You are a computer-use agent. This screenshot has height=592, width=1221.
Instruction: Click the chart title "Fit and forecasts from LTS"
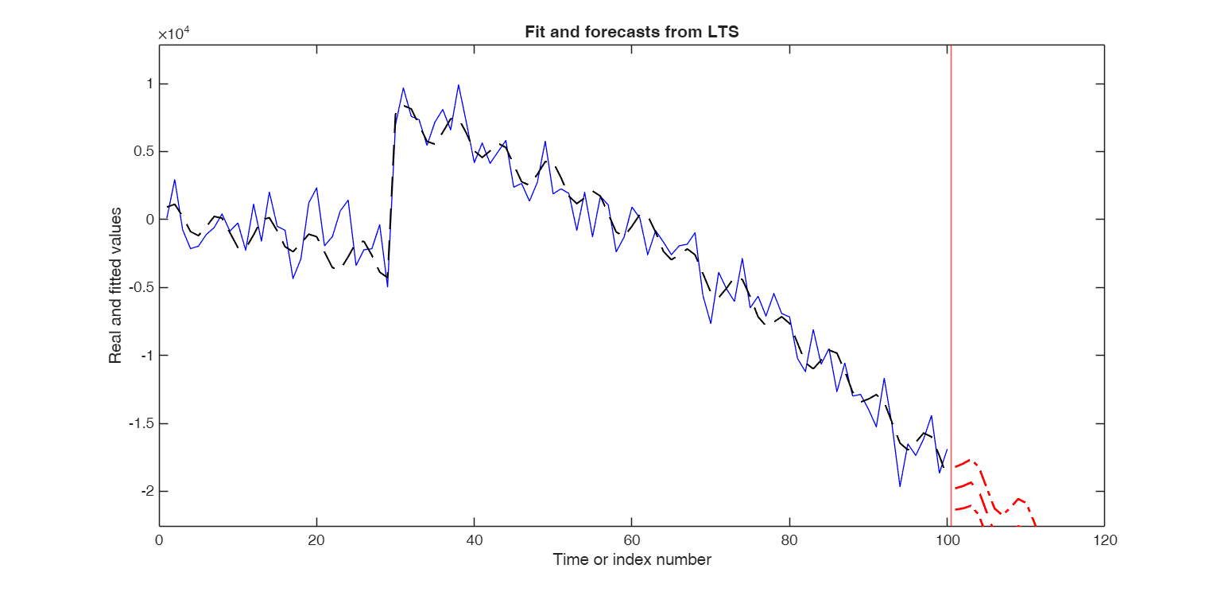(632, 33)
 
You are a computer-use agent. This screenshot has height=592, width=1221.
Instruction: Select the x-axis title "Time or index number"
(632, 559)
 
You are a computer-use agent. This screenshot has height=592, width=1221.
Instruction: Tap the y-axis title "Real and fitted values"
(116, 286)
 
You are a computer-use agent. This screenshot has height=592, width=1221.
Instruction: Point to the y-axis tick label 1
(149, 84)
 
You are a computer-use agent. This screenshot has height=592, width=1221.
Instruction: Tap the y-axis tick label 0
(149, 220)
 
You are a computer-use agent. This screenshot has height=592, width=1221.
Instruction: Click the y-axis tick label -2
(145, 491)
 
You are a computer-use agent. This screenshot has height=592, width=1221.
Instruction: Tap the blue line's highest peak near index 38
(459, 84)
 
